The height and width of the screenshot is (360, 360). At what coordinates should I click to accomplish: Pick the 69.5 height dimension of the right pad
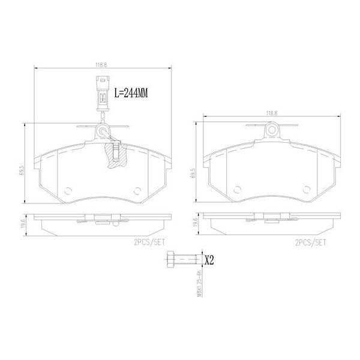coord(193,173)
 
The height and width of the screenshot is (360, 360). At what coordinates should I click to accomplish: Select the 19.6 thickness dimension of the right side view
coord(194,223)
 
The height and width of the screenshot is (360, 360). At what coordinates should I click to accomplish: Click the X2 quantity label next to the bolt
coord(209,260)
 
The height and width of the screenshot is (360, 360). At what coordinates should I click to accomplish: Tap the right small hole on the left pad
coord(137,190)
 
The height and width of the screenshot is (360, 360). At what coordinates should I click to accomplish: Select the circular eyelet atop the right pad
coord(271,128)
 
